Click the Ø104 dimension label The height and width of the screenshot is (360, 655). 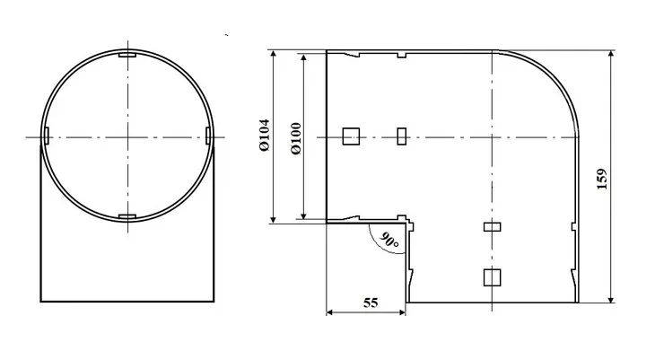click(264, 136)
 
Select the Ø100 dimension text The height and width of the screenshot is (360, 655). click(297, 136)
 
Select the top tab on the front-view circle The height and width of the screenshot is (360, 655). click(127, 57)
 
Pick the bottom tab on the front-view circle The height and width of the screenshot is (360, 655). click(127, 217)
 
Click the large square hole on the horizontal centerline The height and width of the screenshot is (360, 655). click(351, 136)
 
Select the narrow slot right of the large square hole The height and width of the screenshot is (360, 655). click(402, 136)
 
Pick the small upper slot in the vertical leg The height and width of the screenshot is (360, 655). click(490, 227)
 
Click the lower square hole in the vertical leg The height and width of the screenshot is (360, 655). click(490, 277)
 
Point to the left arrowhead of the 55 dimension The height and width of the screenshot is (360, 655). click(329, 313)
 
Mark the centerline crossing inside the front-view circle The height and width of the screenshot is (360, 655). click(127, 136)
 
